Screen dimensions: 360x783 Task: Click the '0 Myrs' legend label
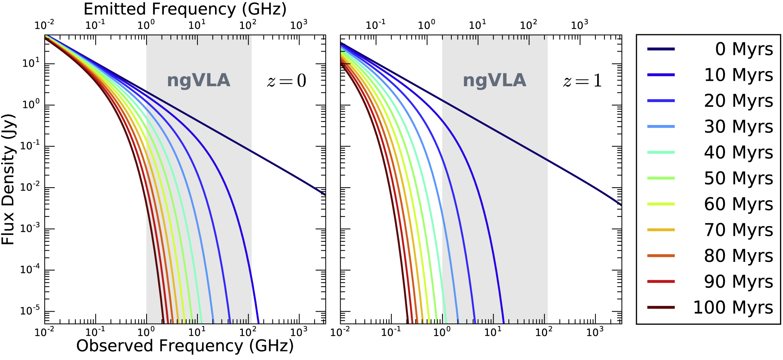(744, 49)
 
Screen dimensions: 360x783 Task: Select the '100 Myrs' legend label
(733, 308)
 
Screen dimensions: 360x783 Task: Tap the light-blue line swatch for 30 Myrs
(661, 127)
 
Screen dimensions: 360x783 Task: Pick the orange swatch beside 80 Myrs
(661, 256)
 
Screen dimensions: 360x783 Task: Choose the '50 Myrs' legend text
(738, 178)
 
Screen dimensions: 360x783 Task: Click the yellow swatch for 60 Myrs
(661, 204)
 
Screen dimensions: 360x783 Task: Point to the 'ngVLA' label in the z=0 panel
(198, 80)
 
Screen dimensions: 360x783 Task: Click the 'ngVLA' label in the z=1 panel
(494, 80)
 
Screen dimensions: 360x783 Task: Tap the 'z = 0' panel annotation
(286, 80)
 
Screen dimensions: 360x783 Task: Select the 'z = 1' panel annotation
(582, 80)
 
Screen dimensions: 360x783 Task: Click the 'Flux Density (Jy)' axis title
(8, 179)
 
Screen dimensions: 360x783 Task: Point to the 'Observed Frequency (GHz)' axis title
(185, 346)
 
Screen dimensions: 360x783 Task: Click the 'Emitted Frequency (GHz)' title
(185, 9)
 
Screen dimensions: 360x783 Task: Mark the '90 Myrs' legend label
(738, 282)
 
